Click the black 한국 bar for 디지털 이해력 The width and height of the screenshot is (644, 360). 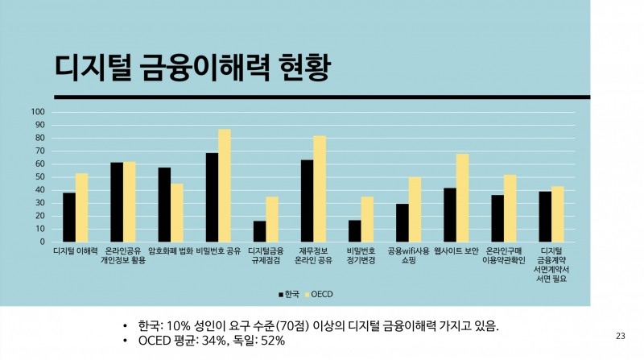tap(69, 217)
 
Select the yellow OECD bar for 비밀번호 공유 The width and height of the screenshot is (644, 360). tap(225, 185)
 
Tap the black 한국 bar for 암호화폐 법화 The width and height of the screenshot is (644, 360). tap(164, 205)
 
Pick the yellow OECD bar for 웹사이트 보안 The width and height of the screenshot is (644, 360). tap(462, 197)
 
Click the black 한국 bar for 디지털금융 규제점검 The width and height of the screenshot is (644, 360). tap(260, 231)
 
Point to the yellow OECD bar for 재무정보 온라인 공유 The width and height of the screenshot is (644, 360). tap(320, 188)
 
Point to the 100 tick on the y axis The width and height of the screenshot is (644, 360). tap(37, 112)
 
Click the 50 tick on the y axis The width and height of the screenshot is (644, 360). tap(39, 177)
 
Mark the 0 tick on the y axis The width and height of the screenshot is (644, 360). tap(42, 242)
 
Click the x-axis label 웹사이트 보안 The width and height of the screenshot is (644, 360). tap(456, 250)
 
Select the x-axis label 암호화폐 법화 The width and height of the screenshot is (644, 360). tap(170, 250)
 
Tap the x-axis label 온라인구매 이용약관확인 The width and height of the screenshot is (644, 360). tap(503, 255)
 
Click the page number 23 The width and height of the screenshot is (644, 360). tap(620, 336)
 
